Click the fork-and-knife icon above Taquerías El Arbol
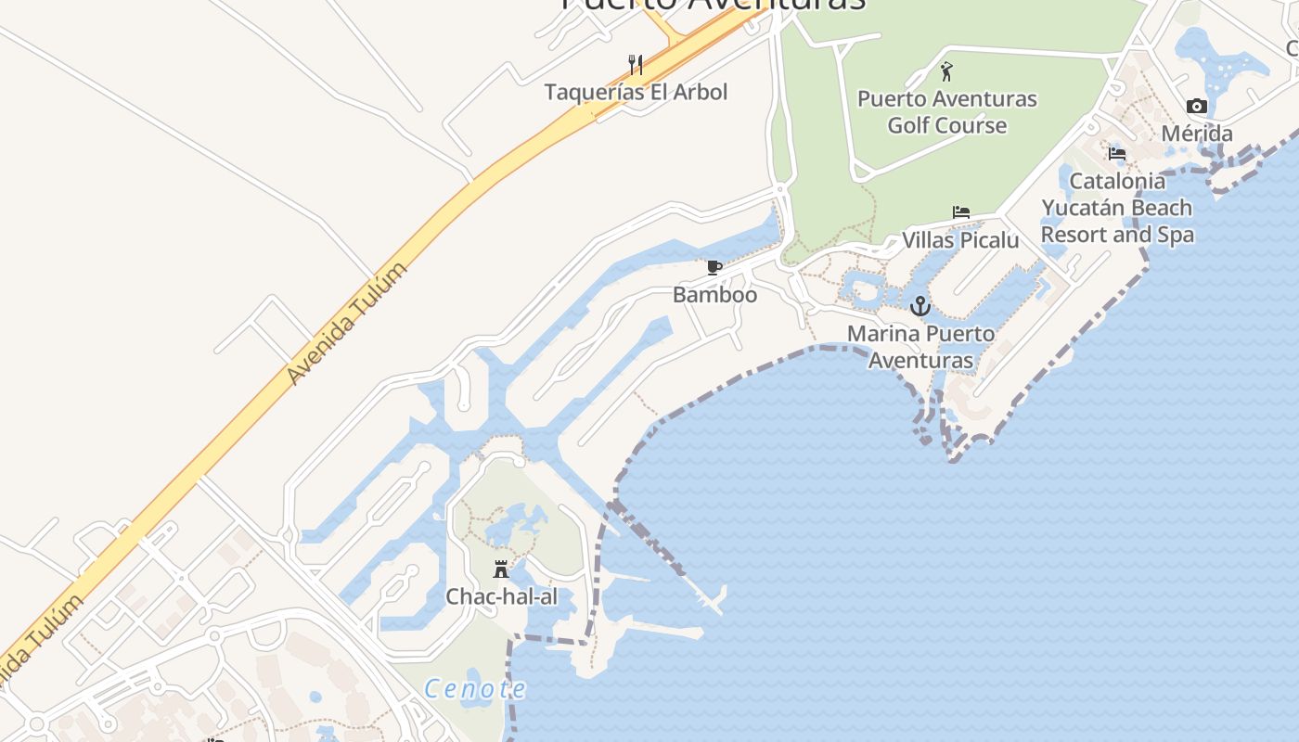tap(636, 65)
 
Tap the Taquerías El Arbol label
tap(636, 92)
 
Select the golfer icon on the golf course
tap(946, 71)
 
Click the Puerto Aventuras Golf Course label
tap(947, 111)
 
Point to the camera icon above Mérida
tap(1197, 107)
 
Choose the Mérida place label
tap(1197, 134)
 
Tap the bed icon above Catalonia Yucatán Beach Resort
tap(1117, 153)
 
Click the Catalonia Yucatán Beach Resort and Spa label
tap(1117, 208)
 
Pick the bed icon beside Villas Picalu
tap(961, 212)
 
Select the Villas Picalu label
tap(960, 240)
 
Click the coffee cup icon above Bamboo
tap(714, 268)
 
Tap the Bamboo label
tap(714, 295)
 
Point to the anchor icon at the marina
tap(920, 306)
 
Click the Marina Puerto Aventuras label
tap(920, 347)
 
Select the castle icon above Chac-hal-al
tap(501, 569)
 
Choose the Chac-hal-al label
tap(502, 596)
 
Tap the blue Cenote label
tap(475, 689)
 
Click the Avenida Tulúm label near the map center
tap(347, 324)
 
